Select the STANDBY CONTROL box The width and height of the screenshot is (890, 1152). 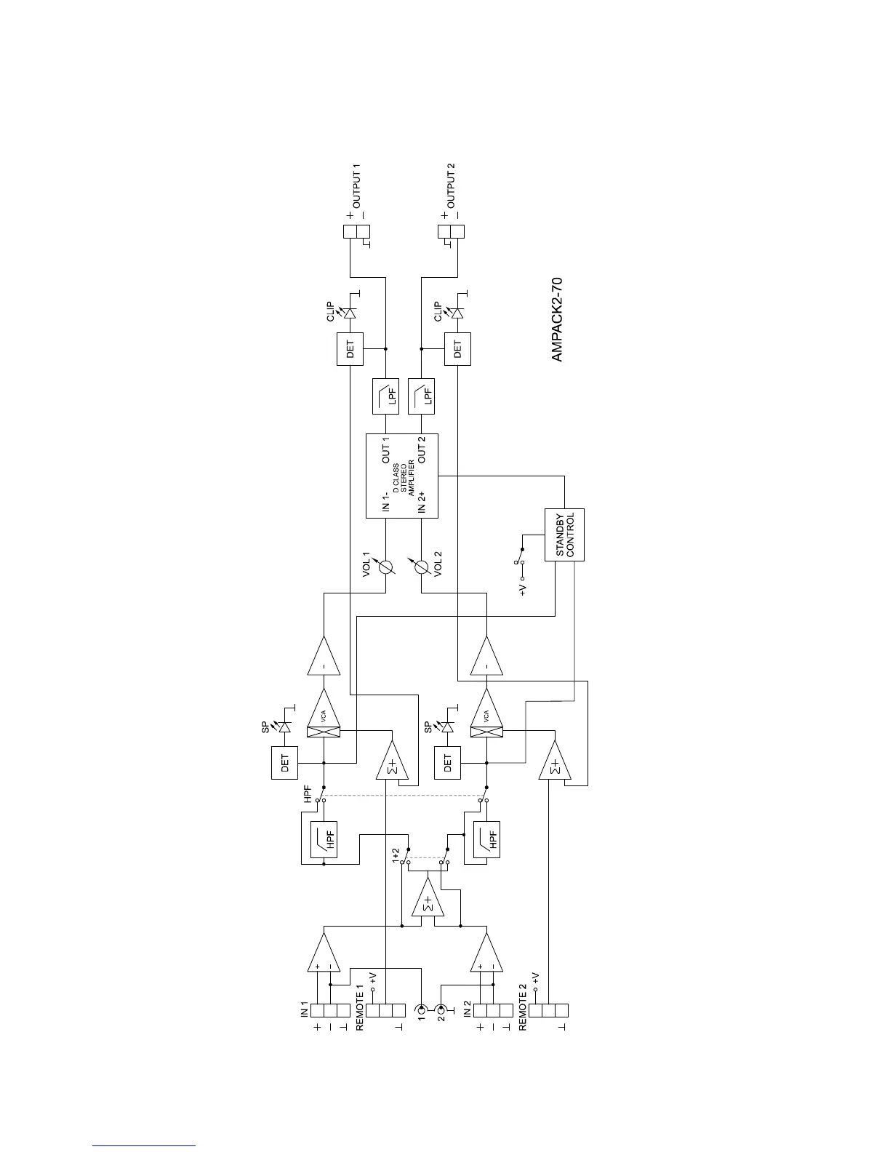point(564,535)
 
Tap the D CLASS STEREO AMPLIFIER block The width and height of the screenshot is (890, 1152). point(402,476)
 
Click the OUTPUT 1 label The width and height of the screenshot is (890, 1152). point(356,188)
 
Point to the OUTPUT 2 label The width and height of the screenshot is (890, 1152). point(451,188)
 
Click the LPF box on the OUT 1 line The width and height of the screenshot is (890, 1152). point(385,396)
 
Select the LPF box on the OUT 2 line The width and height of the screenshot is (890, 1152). point(421,396)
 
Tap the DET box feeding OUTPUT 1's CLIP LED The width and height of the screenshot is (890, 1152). point(350,349)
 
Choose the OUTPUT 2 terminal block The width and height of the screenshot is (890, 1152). point(451,232)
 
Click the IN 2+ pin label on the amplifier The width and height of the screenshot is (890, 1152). point(422,501)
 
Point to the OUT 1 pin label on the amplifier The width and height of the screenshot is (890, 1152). point(386,450)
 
